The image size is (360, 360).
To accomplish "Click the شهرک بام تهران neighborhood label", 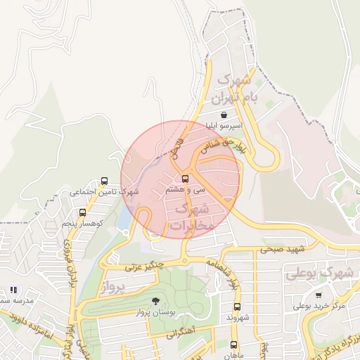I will click(x=237, y=89).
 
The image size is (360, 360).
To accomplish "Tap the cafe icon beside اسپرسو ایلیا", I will click(x=224, y=115).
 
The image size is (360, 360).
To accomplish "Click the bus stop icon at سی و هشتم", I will click(x=185, y=179).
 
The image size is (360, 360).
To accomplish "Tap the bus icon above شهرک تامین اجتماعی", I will click(x=105, y=181).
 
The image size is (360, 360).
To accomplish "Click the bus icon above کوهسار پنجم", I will click(x=82, y=212).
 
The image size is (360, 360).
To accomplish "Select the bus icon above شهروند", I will click(x=237, y=307).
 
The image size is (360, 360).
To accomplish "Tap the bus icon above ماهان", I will click(x=234, y=345).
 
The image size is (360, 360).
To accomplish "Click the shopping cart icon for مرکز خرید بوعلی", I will click(x=319, y=295).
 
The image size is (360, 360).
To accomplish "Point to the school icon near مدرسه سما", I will click(x=13, y=290).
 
